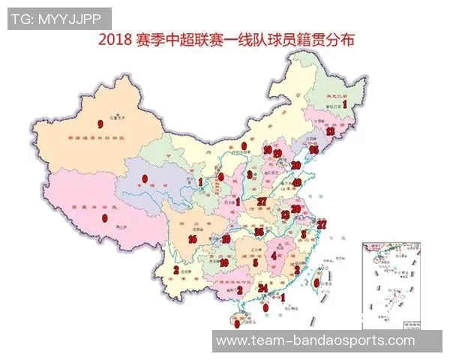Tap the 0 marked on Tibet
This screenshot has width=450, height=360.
point(104,218)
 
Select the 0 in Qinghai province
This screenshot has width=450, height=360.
point(145,178)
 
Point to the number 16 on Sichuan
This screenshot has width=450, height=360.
point(193,239)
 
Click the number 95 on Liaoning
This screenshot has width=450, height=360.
point(313,150)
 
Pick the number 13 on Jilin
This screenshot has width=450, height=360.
point(329,131)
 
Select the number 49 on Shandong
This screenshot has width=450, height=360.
point(296,182)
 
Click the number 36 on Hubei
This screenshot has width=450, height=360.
point(259,232)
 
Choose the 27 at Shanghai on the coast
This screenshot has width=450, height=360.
point(322,223)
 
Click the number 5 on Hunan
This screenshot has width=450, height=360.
point(256,263)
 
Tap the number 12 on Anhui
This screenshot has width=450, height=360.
point(285,215)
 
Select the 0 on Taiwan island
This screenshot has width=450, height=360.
point(316,283)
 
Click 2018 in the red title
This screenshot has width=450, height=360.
point(113,39)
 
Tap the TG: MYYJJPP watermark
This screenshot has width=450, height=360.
point(59,19)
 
